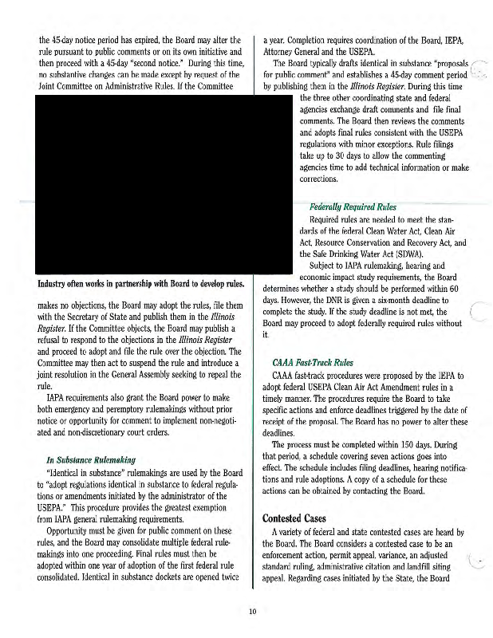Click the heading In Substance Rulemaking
pos(90,459)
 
